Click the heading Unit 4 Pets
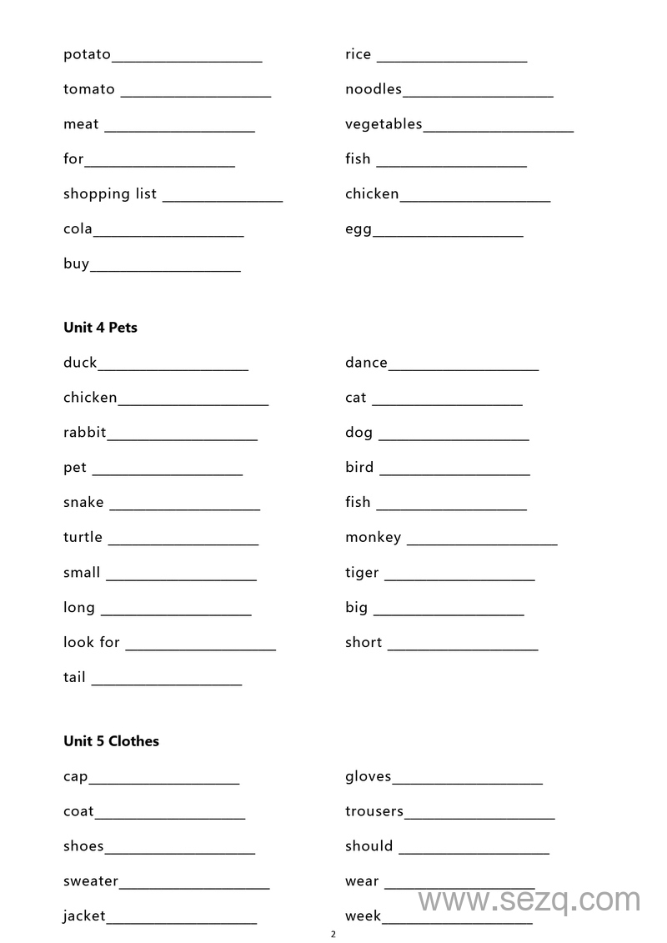click(x=100, y=328)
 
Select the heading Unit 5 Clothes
click(x=111, y=741)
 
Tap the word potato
click(x=87, y=55)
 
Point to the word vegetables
click(x=384, y=124)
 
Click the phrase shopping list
click(x=110, y=194)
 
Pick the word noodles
click(x=374, y=89)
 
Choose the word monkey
click(x=373, y=538)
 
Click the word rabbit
click(x=85, y=433)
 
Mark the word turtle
click(x=83, y=538)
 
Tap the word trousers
click(x=374, y=811)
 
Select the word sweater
click(x=91, y=881)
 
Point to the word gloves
click(x=368, y=777)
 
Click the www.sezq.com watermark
click(x=529, y=900)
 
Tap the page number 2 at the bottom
click(x=333, y=934)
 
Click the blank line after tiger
click(x=459, y=579)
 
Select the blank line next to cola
click(x=168, y=235)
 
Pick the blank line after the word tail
click(x=167, y=684)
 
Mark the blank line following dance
click(x=464, y=369)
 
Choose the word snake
click(x=83, y=503)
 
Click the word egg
click(x=359, y=230)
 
